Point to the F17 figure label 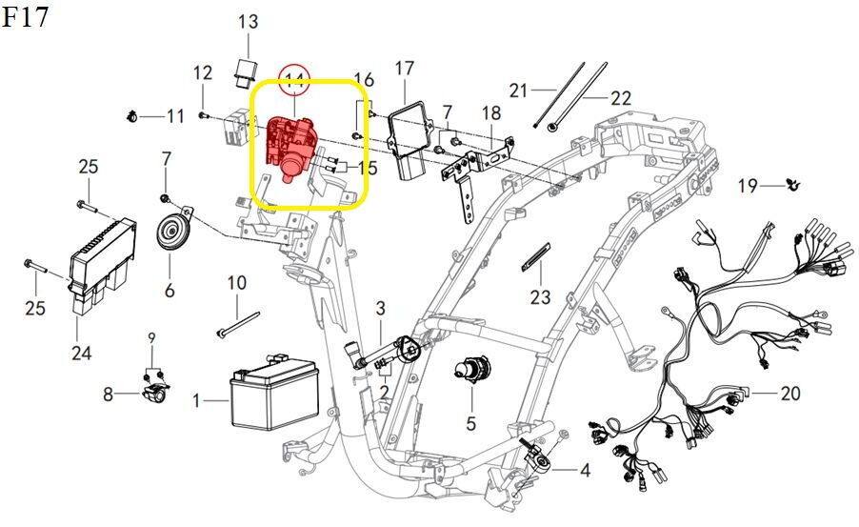[26, 17]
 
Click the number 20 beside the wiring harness [790, 393]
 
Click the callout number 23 [541, 296]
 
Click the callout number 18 [489, 113]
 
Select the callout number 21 [518, 91]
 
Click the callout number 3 [380, 307]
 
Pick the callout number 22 [621, 97]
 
